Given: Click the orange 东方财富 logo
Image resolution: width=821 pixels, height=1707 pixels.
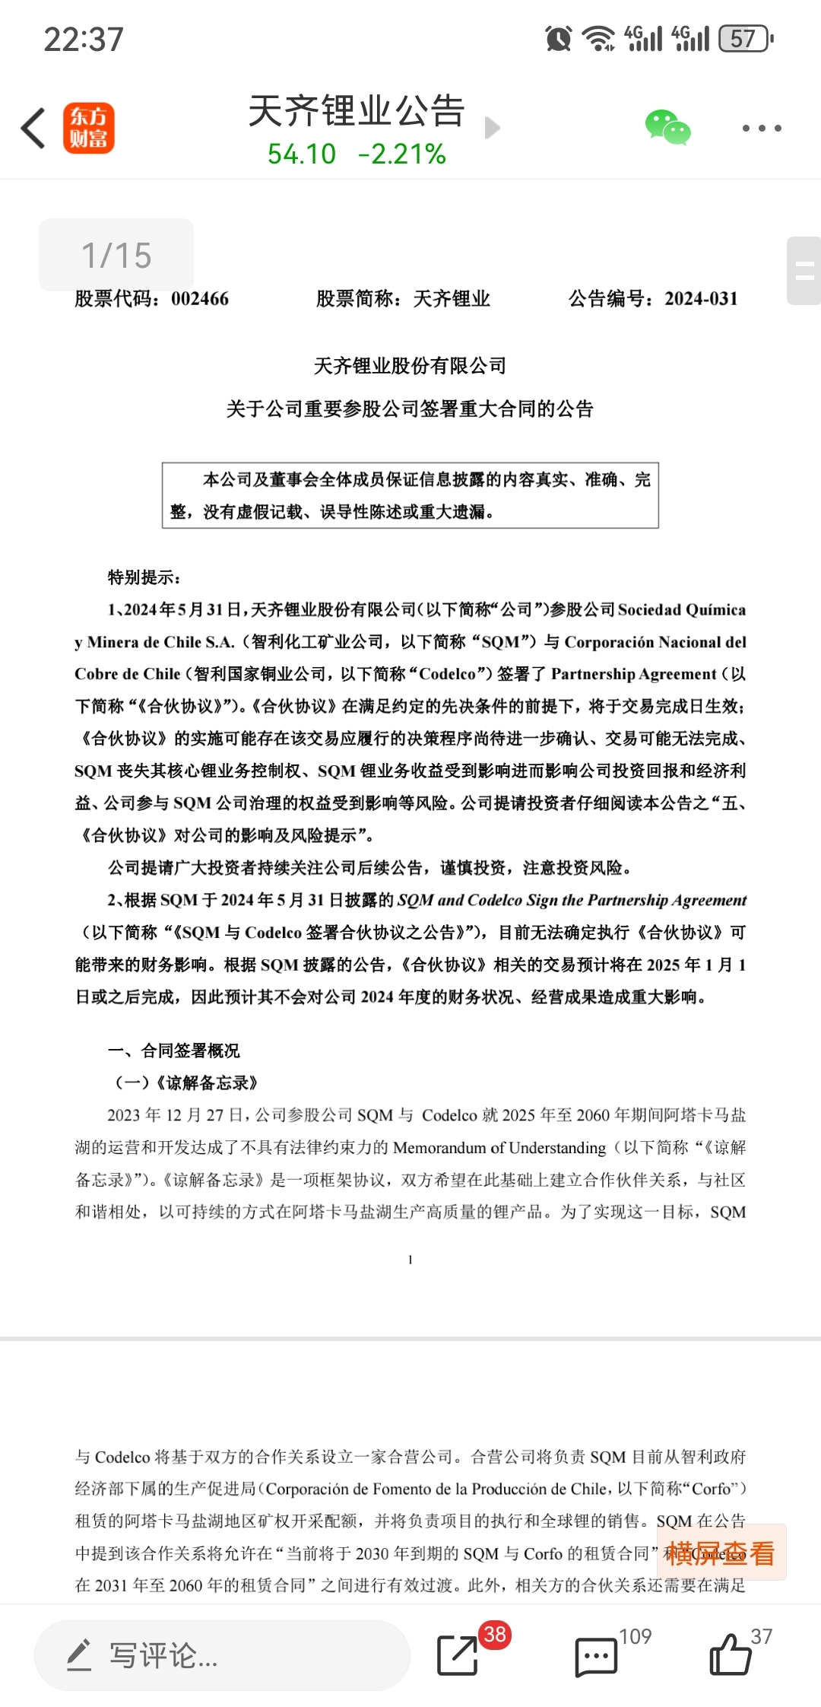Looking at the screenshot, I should (88, 128).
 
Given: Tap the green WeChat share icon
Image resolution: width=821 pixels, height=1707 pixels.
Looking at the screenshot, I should (667, 128).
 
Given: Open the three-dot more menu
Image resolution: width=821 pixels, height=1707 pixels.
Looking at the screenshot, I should (761, 128).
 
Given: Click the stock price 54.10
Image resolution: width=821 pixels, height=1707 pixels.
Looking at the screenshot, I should (301, 154).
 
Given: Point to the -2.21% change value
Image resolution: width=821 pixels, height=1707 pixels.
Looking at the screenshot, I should (402, 154).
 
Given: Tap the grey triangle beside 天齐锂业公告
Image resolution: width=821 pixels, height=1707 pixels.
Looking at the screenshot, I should (492, 128).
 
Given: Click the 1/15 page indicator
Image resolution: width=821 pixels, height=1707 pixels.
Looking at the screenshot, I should (116, 255).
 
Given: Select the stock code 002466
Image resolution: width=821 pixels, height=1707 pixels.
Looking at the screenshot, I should (200, 299).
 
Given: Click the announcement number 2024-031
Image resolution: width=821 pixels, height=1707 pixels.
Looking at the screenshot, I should (701, 299).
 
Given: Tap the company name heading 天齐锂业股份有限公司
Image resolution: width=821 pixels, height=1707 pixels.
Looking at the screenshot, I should (410, 366).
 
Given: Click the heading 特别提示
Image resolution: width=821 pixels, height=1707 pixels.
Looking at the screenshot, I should (144, 577).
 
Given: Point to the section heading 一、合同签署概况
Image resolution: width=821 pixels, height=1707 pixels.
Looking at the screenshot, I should (174, 1051).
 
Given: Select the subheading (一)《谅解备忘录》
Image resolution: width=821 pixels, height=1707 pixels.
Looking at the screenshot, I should (186, 1082).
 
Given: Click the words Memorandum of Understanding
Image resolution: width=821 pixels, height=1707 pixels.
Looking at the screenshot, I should (499, 1147).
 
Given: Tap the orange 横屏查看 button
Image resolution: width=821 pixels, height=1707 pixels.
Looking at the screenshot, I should (721, 1553).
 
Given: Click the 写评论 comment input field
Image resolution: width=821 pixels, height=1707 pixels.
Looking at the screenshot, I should (222, 1655).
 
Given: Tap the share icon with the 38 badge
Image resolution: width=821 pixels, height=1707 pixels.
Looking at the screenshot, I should (458, 1655).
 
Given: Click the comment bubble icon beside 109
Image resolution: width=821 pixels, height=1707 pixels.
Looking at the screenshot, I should (596, 1656).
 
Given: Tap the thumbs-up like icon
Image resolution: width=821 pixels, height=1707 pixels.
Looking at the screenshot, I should (730, 1655).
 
